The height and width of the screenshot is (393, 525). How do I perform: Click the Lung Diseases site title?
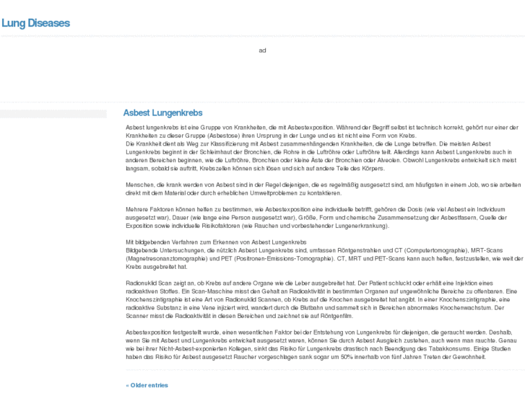pos(35,23)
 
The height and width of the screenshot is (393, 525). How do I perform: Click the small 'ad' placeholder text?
pos(262,50)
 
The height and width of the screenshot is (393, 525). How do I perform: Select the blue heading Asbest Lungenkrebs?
pos(162,113)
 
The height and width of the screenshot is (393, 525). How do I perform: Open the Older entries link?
pos(147,385)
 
